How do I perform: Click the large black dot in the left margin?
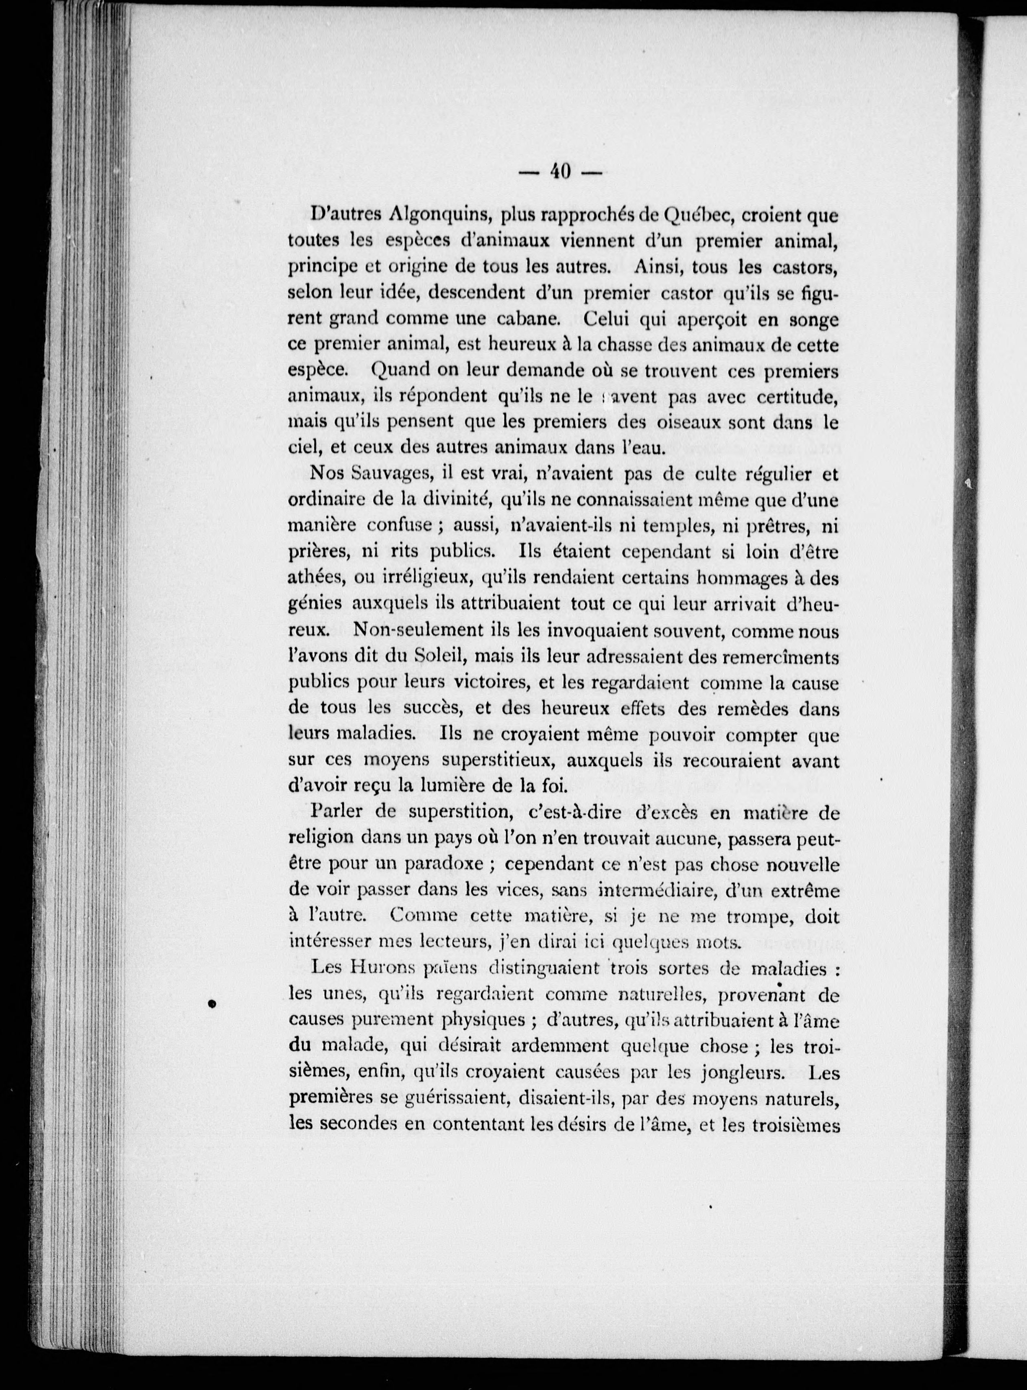pos(211,1003)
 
